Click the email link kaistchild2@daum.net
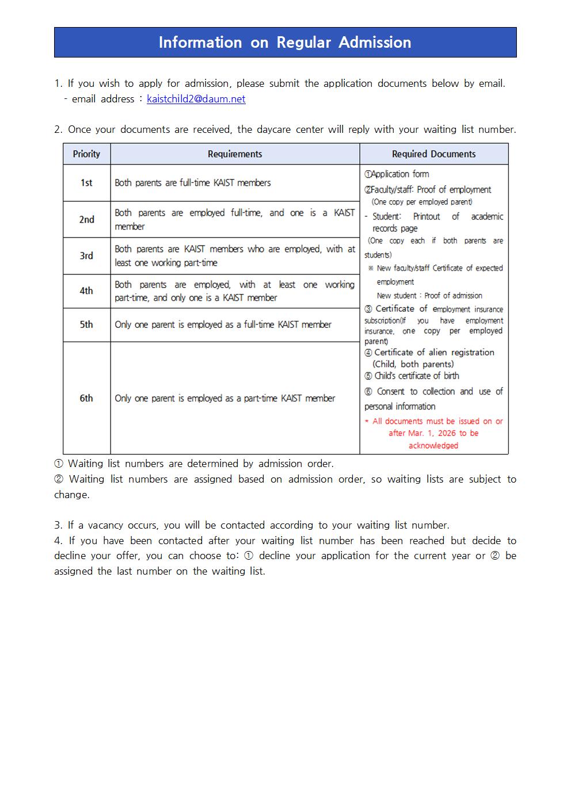click(196, 99)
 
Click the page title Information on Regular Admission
click(285, 43)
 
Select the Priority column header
click(86, 154)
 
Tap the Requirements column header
click(235, 154)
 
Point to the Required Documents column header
click(433, 154)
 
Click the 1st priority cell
click(86, 183)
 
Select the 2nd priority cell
click(86, 219)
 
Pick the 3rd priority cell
click(86, 255)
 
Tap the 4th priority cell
click(86, 291)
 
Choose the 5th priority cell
click(86, 324)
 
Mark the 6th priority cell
click(86, 398)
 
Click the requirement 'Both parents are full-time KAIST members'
click(193, 183)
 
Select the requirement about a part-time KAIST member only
click(224, 398)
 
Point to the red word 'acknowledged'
click(433, 446)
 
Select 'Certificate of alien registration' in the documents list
click(434, 352)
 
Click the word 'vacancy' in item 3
click(106, 525)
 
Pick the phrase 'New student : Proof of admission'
click(429, 296)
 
